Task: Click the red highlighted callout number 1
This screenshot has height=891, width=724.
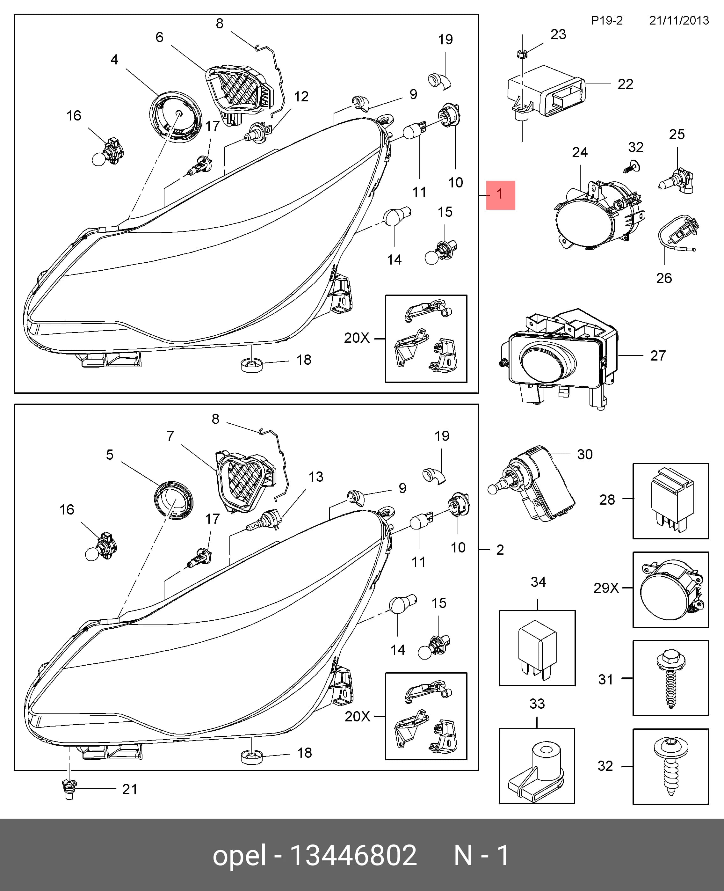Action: pyautogui.click(x=500, y=195)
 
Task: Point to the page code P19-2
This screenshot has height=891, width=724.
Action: pyautogui.click(x=607, y=20)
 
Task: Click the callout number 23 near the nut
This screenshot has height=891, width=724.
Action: pyautogui.click(x=558, y=34)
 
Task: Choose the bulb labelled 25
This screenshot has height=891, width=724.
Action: pyautogui.click(x=676, y=181)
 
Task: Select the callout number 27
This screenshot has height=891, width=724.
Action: pyautogui.click(x=658, y=355)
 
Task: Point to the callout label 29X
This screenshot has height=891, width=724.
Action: pyautogui.click(x=606, y=588)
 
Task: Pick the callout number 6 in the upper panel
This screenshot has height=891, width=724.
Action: pyautogui.click(x=159, y=37)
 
